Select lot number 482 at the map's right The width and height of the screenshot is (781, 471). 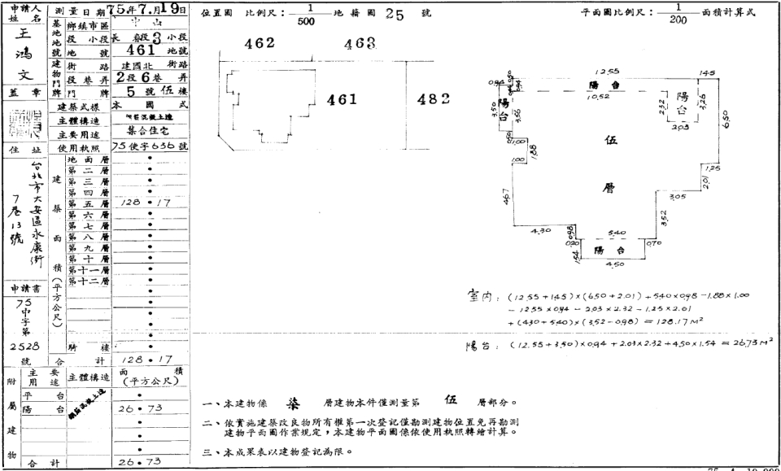tap(434, 99)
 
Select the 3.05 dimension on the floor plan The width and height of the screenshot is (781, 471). tap(677, 197)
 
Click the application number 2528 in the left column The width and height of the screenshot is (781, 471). tap(22, 347)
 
